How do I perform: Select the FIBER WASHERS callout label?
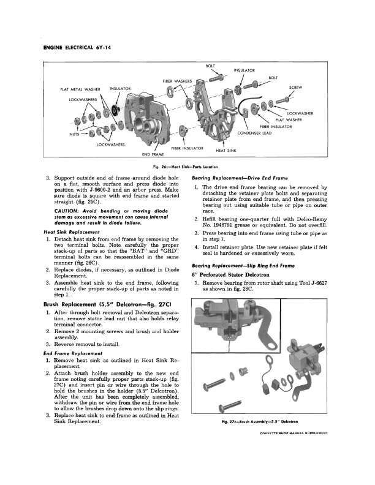(x=177, y=81)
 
